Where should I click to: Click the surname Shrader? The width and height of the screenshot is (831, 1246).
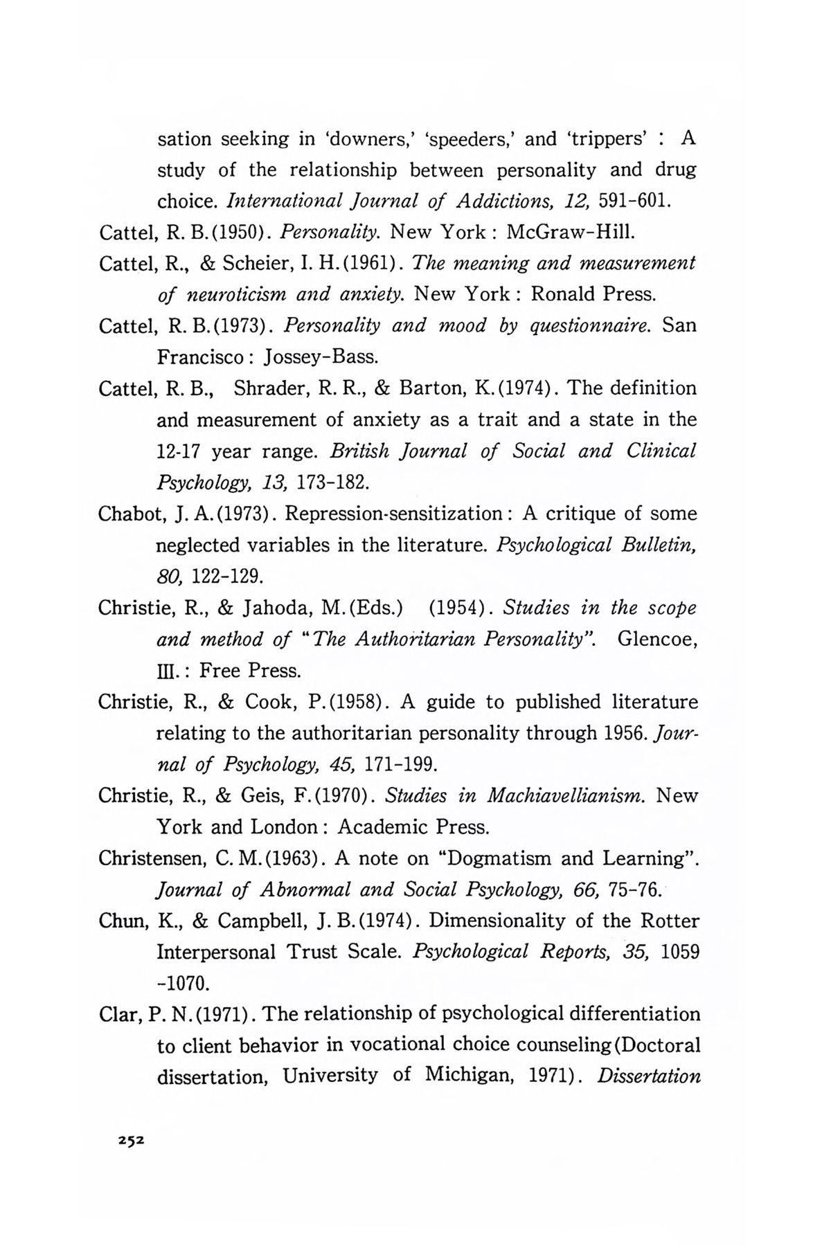pos(271,388)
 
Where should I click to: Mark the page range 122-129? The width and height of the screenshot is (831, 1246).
pos(238,577)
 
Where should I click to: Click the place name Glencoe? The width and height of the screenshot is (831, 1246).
pos(655,639)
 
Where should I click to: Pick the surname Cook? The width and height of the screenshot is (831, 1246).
pos(271,702)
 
